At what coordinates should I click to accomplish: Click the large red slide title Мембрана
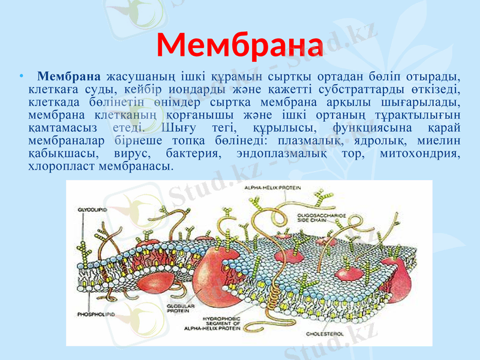[x=240, y=43]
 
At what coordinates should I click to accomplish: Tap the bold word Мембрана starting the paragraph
[x=68, y=77]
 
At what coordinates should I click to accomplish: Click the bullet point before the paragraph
[x=22, y=77]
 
